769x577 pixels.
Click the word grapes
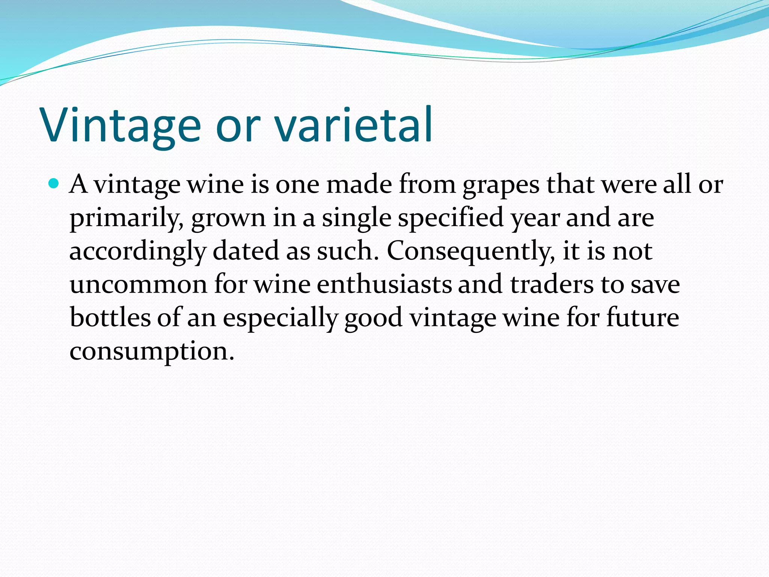(501, 185)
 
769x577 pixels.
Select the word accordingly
(138, 252)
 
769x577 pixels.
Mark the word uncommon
(139, 285)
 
